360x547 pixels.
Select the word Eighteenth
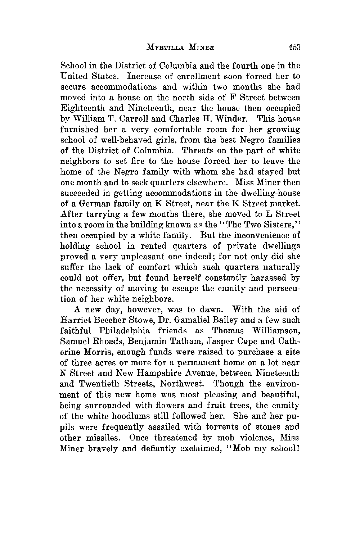(x=80, y=108)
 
